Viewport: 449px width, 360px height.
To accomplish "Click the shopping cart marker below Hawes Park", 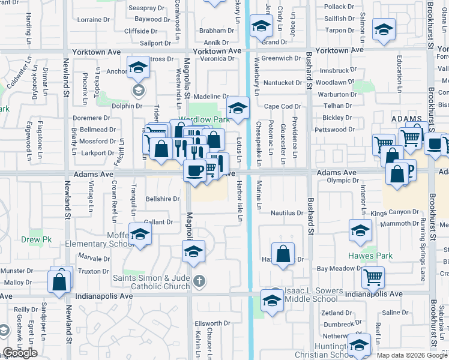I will [x=373, y=277].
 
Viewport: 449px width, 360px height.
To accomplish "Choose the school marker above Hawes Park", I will [x=360, y=230].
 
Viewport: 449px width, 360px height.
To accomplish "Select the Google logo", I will [x=20, y=353].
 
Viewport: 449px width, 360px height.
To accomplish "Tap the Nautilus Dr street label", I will [x=286, y=212].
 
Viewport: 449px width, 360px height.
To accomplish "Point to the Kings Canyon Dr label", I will [x=394, y=212].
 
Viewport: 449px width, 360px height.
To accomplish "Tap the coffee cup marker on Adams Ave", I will [x=194, y=170].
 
